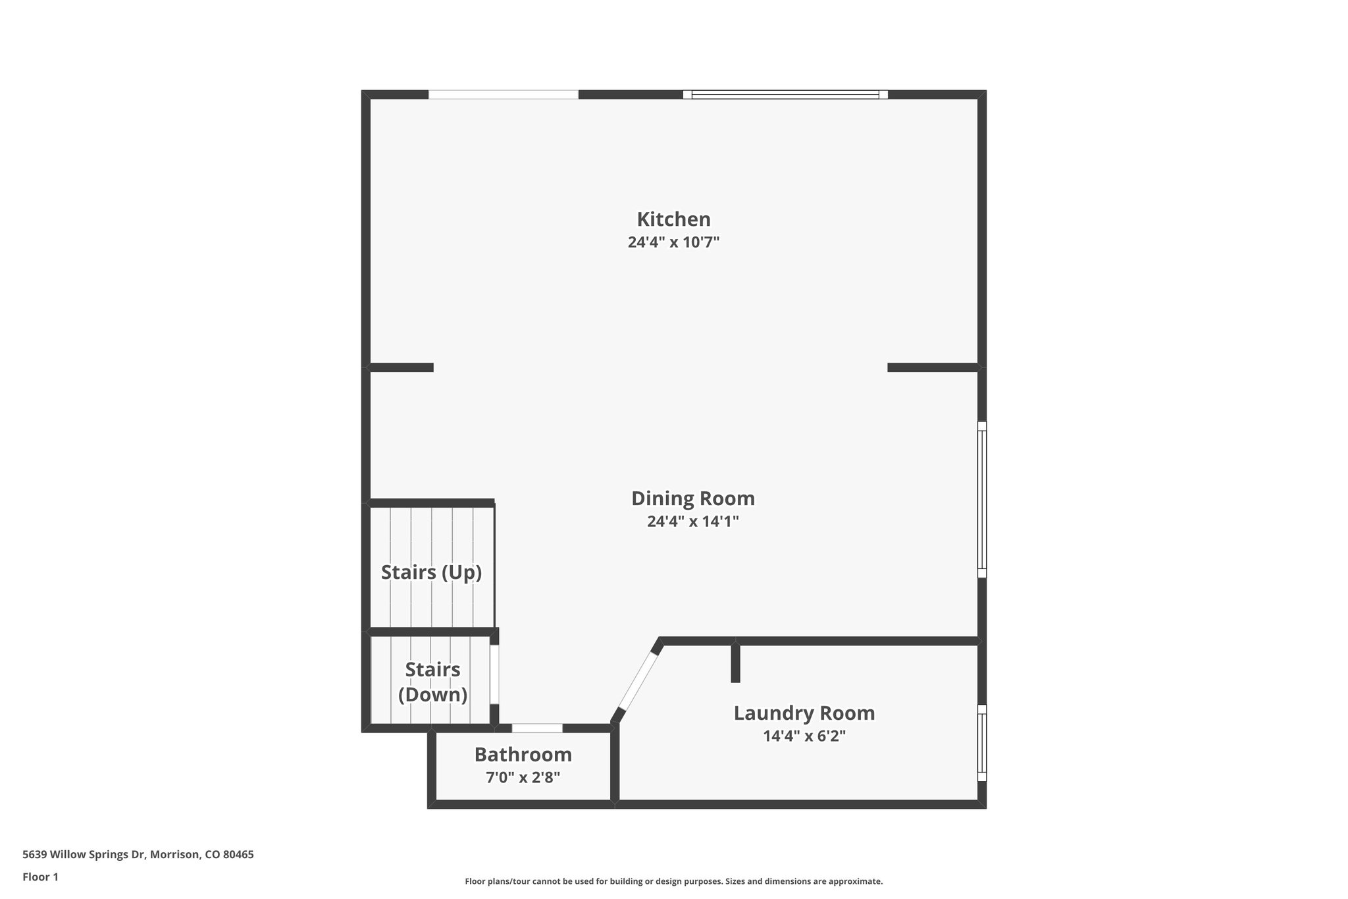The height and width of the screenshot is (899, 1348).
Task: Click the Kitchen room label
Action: [673, 219]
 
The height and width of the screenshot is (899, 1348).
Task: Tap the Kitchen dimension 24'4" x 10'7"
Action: [673, 242]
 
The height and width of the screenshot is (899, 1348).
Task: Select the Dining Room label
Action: [692, 499]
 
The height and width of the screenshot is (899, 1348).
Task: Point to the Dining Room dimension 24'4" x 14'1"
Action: [692, 522]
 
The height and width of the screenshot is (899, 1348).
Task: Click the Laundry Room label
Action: [804, 713]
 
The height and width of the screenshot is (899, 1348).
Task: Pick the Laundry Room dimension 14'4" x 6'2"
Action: [804, 736]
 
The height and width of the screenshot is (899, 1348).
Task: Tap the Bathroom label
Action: [523, 754]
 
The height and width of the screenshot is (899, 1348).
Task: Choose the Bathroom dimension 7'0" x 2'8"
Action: [523, 777]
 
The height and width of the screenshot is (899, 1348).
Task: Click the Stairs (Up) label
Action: [431, 572]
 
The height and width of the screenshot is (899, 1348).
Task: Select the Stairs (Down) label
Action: [432, 682]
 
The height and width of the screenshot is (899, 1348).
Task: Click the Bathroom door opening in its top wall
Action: [537, 728]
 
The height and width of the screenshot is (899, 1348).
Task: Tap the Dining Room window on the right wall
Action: [981, 499]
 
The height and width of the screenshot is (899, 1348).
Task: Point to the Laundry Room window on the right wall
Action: [981, 742]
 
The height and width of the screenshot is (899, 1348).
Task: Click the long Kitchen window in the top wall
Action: [785, 95]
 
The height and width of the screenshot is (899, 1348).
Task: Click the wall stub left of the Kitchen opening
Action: [401, 368]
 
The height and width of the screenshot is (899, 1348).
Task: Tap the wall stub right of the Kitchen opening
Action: [932, 368]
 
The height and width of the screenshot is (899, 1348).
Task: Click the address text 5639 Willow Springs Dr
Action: [138, 855]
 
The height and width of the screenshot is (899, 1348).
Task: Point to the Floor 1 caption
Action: [40, 877]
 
